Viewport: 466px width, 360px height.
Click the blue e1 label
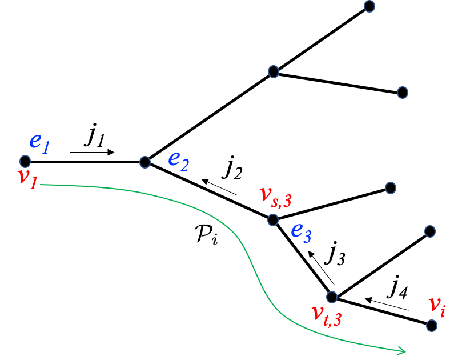39,142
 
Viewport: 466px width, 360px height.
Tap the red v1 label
27,177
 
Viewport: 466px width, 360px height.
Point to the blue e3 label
301,231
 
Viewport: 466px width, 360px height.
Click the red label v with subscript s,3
275,195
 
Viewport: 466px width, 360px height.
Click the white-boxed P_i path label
206,234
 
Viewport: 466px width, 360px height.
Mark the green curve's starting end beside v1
42,185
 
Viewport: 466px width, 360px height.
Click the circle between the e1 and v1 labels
25,161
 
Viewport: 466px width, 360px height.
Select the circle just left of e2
145,162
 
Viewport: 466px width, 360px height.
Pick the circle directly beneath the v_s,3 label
273,219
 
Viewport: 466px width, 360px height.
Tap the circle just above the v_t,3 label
332,297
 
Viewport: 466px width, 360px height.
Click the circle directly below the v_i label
432,325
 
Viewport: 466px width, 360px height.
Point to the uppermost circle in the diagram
369,6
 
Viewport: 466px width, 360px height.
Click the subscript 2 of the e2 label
184,166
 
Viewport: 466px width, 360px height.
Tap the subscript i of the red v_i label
442,311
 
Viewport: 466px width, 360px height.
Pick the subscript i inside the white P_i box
214,239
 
